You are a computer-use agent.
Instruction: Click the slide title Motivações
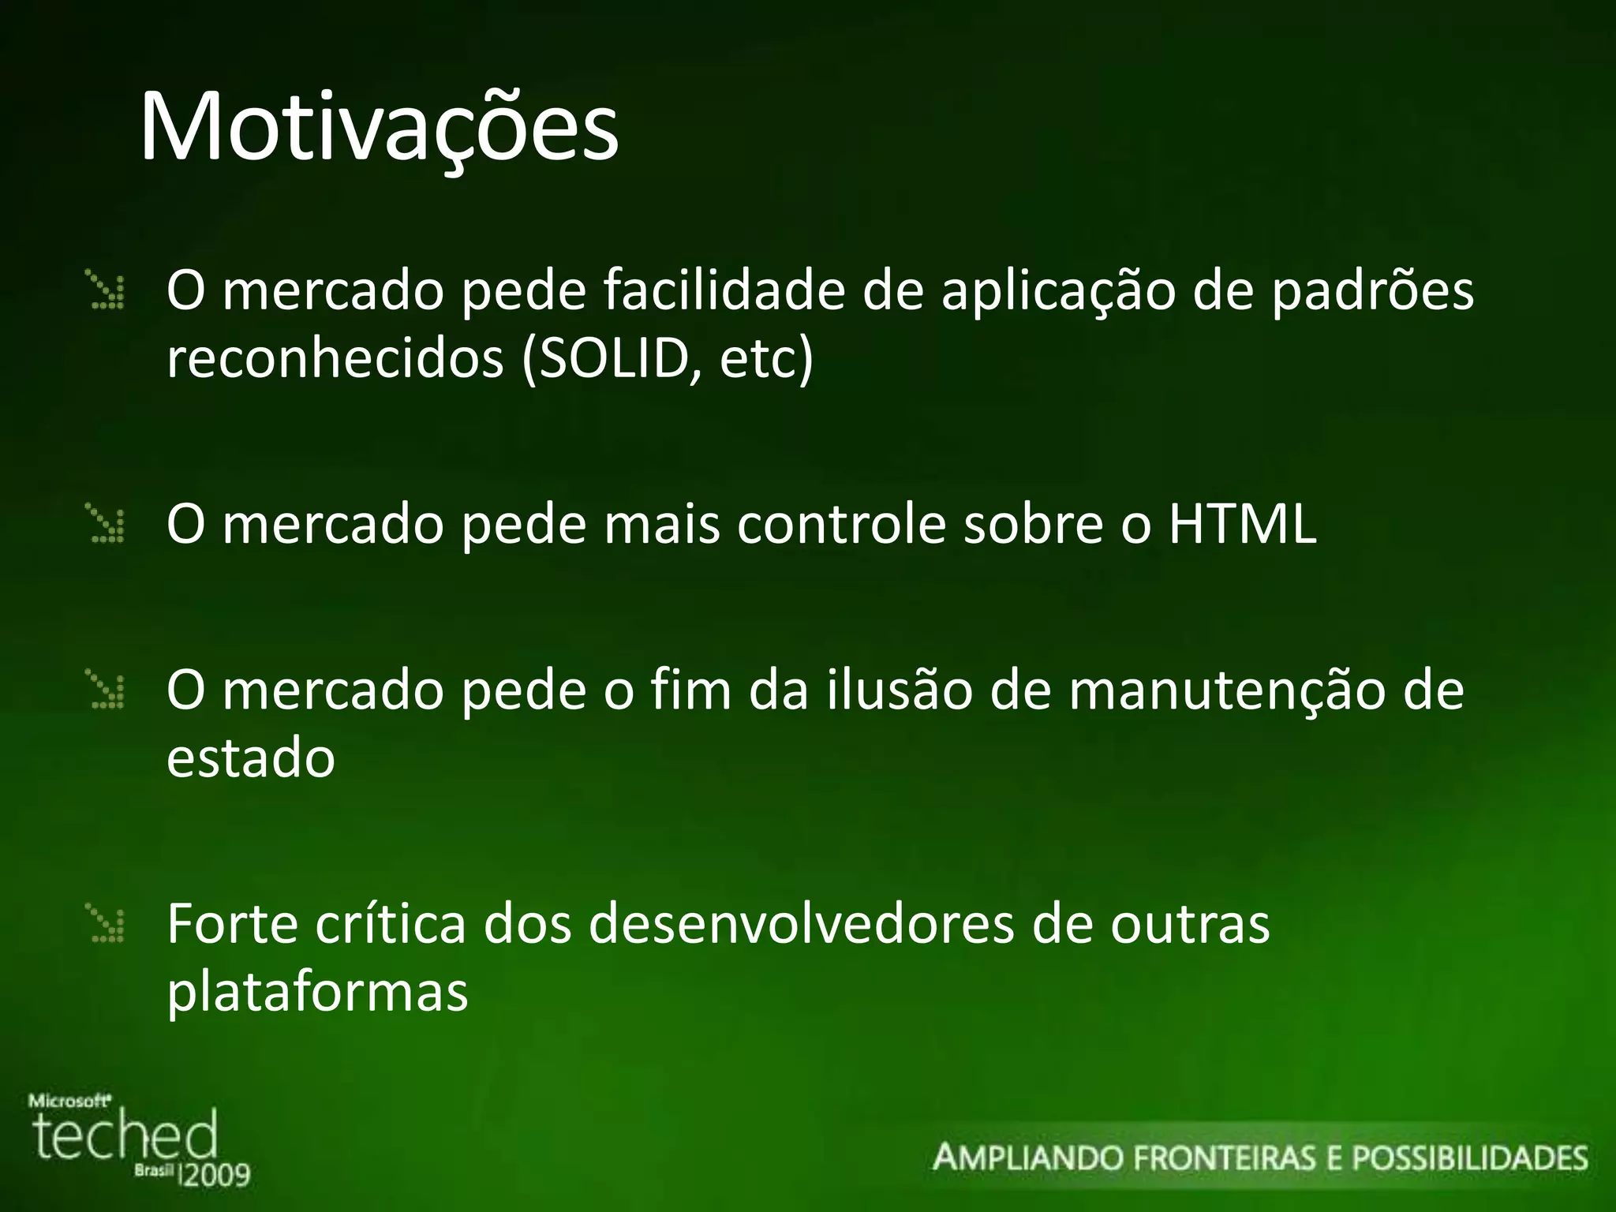coord(379,128)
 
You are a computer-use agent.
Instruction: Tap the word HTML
coord(1242,524)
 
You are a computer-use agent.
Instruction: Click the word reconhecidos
coord(335,359)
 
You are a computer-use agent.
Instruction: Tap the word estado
coord(251,758)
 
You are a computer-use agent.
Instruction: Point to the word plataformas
coord(317,993)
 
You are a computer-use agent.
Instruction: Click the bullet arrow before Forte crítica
coord(107,925)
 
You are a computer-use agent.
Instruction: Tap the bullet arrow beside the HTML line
coord(107,526)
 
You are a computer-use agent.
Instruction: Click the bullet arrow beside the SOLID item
coord(107,290)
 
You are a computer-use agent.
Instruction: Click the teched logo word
coord(125,1137)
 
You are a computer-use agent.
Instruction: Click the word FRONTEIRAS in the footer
coord(1226,1158)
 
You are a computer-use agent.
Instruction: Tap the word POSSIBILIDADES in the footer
coord(1469,1158)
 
